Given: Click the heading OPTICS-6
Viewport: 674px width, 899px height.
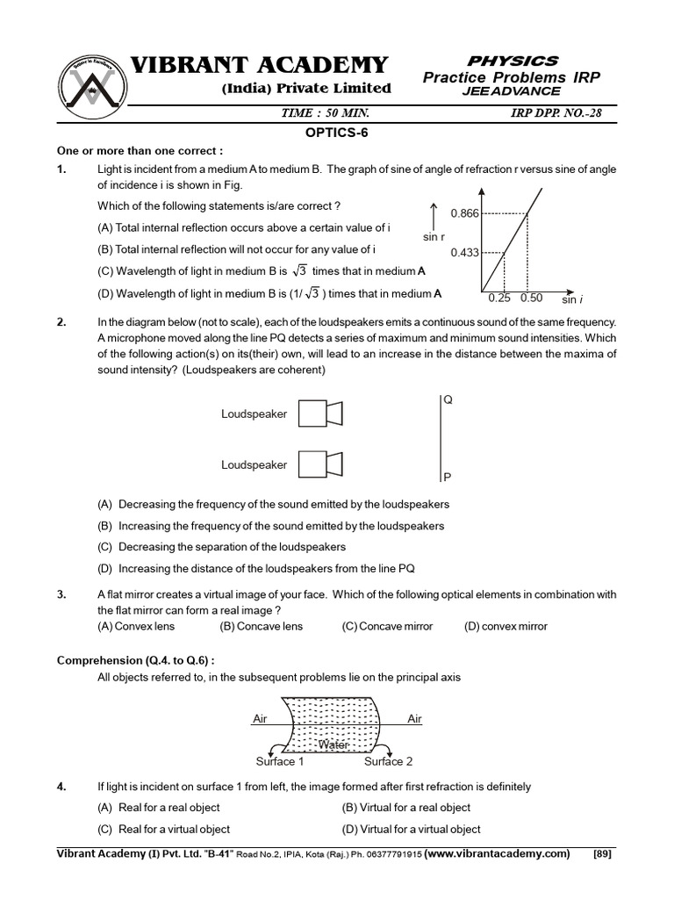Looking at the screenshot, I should point(337,130).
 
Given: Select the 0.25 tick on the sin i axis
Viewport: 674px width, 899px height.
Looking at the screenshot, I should point(498,298).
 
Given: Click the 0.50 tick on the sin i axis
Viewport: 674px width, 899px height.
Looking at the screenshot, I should point(531,298).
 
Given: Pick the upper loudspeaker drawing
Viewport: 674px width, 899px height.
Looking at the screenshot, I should point(319,414).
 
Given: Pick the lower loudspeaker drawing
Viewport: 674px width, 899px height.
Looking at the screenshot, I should point(319,464).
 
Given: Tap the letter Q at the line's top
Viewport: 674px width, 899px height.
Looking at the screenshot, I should point(448,399).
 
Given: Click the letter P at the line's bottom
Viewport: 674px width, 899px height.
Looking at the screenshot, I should point(447,478).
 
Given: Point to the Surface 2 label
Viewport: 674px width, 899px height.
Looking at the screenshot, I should point(388,761).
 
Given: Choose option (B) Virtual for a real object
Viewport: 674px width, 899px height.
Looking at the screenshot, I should point(405,807).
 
